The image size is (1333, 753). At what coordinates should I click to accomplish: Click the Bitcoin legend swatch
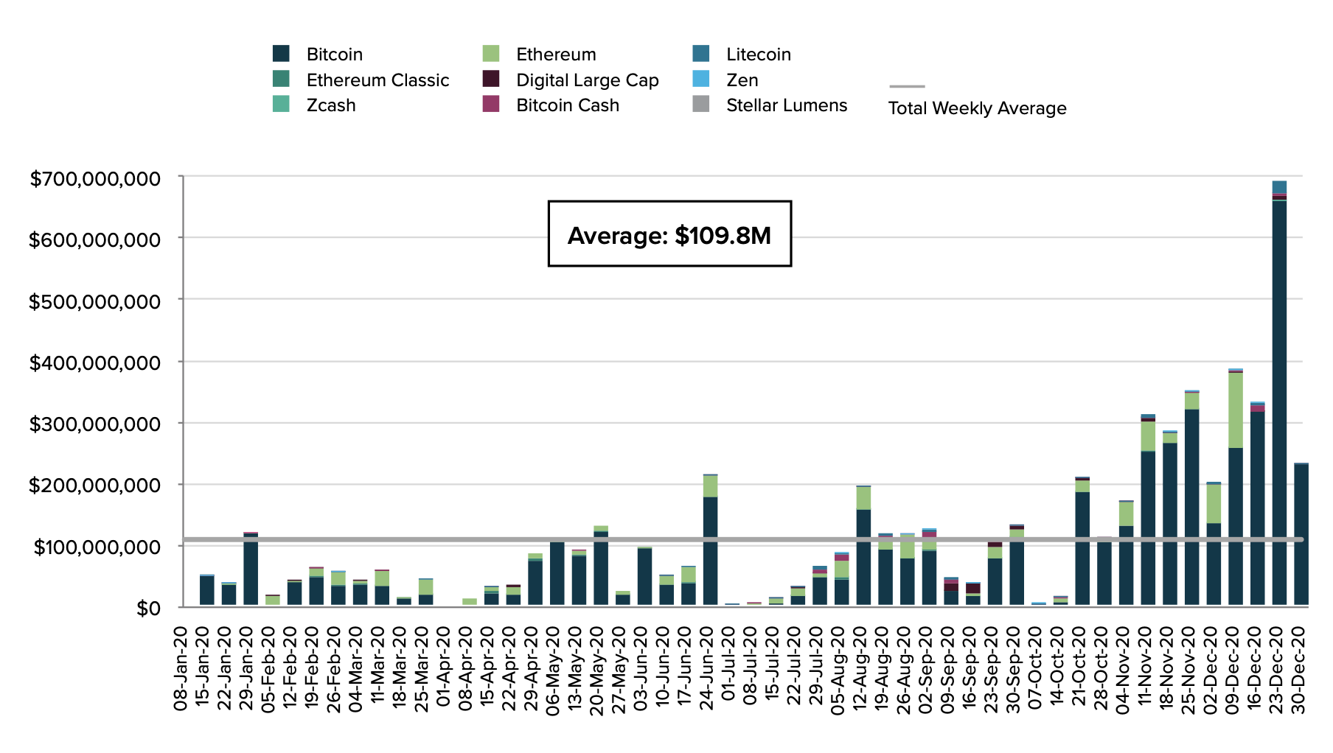click(x=281, y=54)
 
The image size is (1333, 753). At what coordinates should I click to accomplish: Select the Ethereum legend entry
click(x=556, y=55)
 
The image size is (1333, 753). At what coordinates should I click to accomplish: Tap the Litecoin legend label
click(x=758, y=55)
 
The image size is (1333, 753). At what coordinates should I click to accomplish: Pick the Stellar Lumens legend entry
click(x=786, y=105)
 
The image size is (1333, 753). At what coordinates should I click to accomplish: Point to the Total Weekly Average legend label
click(x=977, y=108)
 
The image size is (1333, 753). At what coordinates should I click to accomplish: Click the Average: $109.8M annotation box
click(x=669, y=234)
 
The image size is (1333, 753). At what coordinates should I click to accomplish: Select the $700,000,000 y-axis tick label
click(x=94, y=178)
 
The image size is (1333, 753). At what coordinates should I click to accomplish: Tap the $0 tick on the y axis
click(x=148, y=609)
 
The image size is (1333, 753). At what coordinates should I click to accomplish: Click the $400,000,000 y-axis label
click(x=94, y=363)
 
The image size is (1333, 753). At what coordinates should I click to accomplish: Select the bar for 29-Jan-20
click(x=251, y=569)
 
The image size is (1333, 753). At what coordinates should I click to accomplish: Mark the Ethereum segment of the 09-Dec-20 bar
click(x=1236, y=410)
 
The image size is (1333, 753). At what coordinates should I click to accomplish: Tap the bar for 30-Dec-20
click(x=1301, y=535)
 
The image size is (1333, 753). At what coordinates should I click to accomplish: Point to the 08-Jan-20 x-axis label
click(x=181, y=669)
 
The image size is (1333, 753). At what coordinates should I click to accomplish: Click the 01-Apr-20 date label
click(x=444, y=669)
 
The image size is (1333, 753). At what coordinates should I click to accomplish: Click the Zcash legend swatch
click(x=281, y=105)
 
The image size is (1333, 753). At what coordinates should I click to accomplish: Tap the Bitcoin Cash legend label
click(x=568, y=105)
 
